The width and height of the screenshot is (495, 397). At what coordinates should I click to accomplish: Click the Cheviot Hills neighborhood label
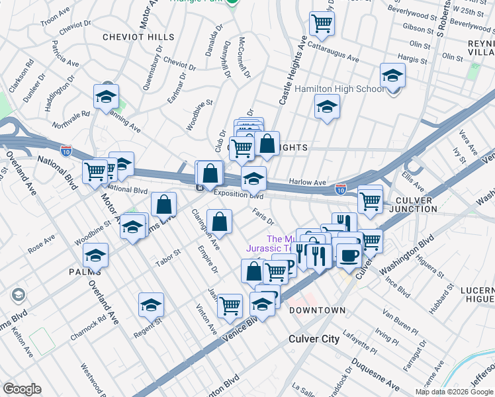(x=138, y=37)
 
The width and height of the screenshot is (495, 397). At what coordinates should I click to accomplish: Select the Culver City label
(x=314, y=339)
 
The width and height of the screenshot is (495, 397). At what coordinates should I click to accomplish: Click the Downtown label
(x=317, y=310)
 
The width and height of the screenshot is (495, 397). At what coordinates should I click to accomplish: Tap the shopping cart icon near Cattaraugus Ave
(x=322, y=23)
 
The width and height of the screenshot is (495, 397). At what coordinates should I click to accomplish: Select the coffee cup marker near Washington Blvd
(x=349, y=254)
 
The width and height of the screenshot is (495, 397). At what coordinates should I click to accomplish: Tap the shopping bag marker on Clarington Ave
(x=219, y=222)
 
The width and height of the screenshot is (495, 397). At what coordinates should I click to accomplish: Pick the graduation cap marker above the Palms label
(x=96, y=255)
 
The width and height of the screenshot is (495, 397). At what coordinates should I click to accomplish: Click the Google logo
(x=22, y=389)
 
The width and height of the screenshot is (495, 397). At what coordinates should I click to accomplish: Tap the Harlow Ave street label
(x=307, y=182)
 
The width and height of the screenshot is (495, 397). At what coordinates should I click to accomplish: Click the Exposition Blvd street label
(x=238, y=195)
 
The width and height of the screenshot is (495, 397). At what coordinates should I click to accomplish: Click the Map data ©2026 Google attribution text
(x=454, y=392)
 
